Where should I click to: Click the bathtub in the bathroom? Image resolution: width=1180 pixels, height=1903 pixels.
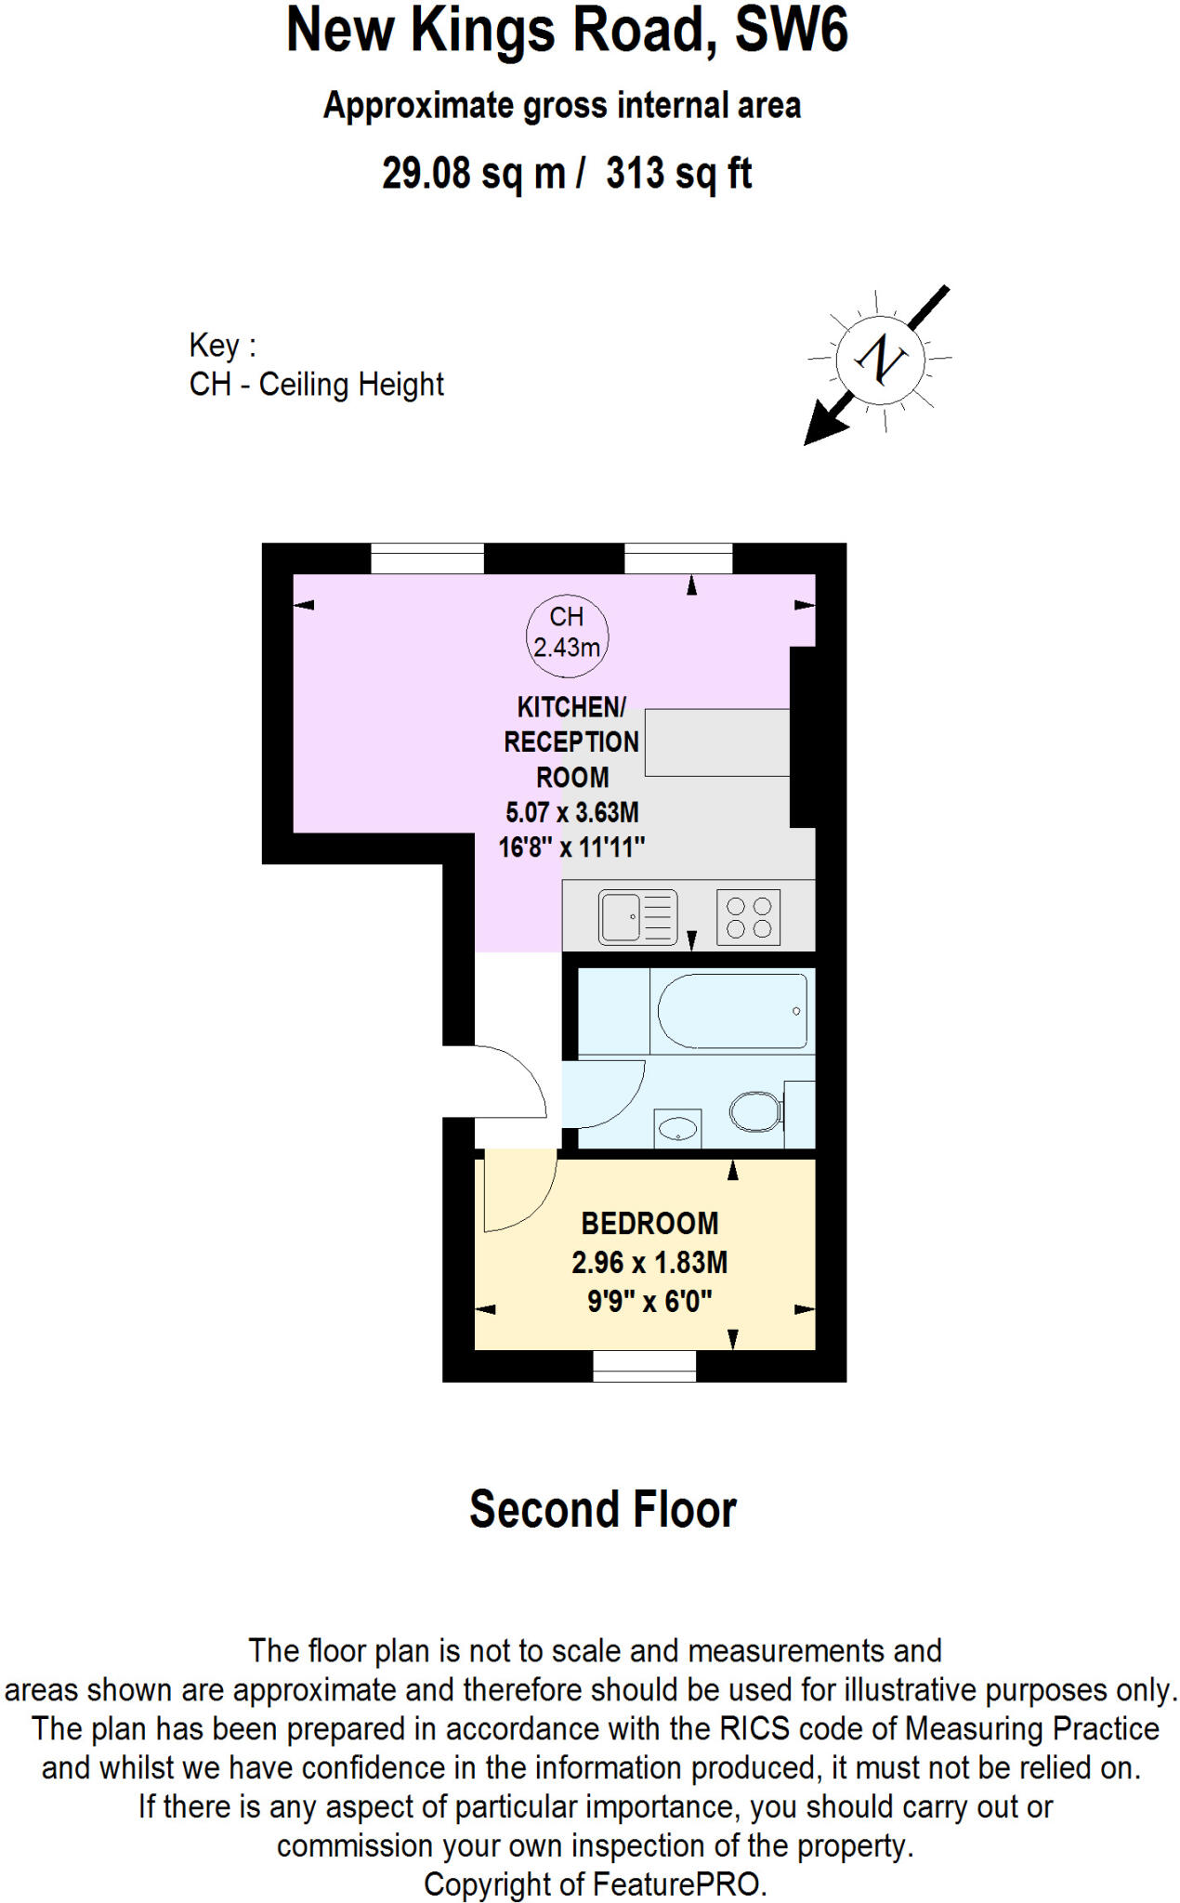tap(732, 1010)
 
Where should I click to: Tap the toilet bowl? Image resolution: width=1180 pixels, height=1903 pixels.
tap(754, 1111)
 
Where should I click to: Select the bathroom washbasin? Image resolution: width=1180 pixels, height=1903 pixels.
tap(677, 1129)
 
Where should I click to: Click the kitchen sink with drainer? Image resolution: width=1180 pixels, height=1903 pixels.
tap(637, 917)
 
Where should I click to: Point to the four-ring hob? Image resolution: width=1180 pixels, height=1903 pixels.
tap(749, 917)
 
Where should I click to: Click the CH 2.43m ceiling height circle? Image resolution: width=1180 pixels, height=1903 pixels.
tap(567, 632)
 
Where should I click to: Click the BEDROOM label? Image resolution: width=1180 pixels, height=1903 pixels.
tap(649, 1223)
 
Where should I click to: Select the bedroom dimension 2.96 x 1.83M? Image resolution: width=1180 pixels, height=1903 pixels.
tap(649, 1262)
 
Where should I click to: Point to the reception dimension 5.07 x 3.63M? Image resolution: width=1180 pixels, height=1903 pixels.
tap(571, 812)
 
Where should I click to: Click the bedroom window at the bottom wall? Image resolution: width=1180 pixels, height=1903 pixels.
tap(644, 1366)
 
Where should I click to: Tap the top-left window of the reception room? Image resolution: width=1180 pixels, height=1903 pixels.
tap(427, 559)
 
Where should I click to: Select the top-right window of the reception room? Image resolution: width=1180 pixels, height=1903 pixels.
tap(678, 559)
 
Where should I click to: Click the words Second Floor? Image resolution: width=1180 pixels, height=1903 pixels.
tap(602, 1510)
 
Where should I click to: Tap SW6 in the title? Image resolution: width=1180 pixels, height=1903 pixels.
tap(791, 30)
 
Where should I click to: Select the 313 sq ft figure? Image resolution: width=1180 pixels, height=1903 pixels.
tap(678, 174)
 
